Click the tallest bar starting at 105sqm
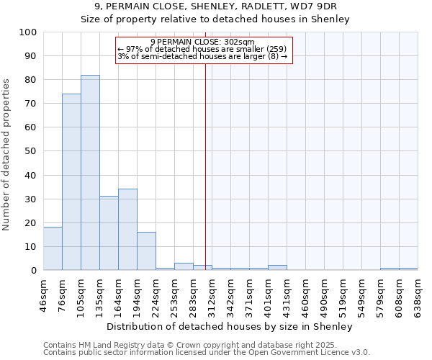pyautogui.click(x=90, y=173)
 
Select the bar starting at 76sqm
pyautogui.click(x=71, y=182)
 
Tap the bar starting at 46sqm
pyautogui.click(x=53, y=248)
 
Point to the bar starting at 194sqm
pyautogui.click(x=146, y=251)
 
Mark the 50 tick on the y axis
pyautogui.click(x=31, y=151)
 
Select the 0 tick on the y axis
pyautogui.click(x=34, y=270)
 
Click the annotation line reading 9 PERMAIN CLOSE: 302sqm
pyautogui.click(x=203, y=42)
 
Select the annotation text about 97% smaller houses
pyautogui.click(x=202, y=49)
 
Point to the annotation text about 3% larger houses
pyautogui.click(x=202, y=56)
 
